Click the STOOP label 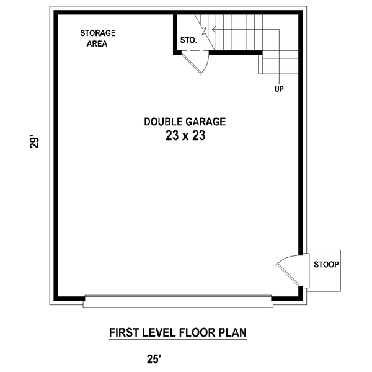click(x=327, y=265)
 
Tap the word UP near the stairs click(x=279, y=89)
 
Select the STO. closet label click(x=188, y=40)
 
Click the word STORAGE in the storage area click(x=98, y=33)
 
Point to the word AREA click(x=97, y=44)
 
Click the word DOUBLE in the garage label click(x=164, y=122)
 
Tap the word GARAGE click(x=205, y=122)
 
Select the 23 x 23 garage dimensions click(x=185, y=136)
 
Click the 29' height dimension click(x=34, y=143)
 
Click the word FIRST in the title click(x=124, y=332)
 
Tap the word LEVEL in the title click(x=159, y=332)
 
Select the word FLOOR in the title click(x=197, y=332)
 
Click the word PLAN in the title click(x=232, y=332)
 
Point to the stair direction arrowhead click(x=214, y=30)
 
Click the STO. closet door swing click(x=195, y=63)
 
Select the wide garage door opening click(x=178, y=301)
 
